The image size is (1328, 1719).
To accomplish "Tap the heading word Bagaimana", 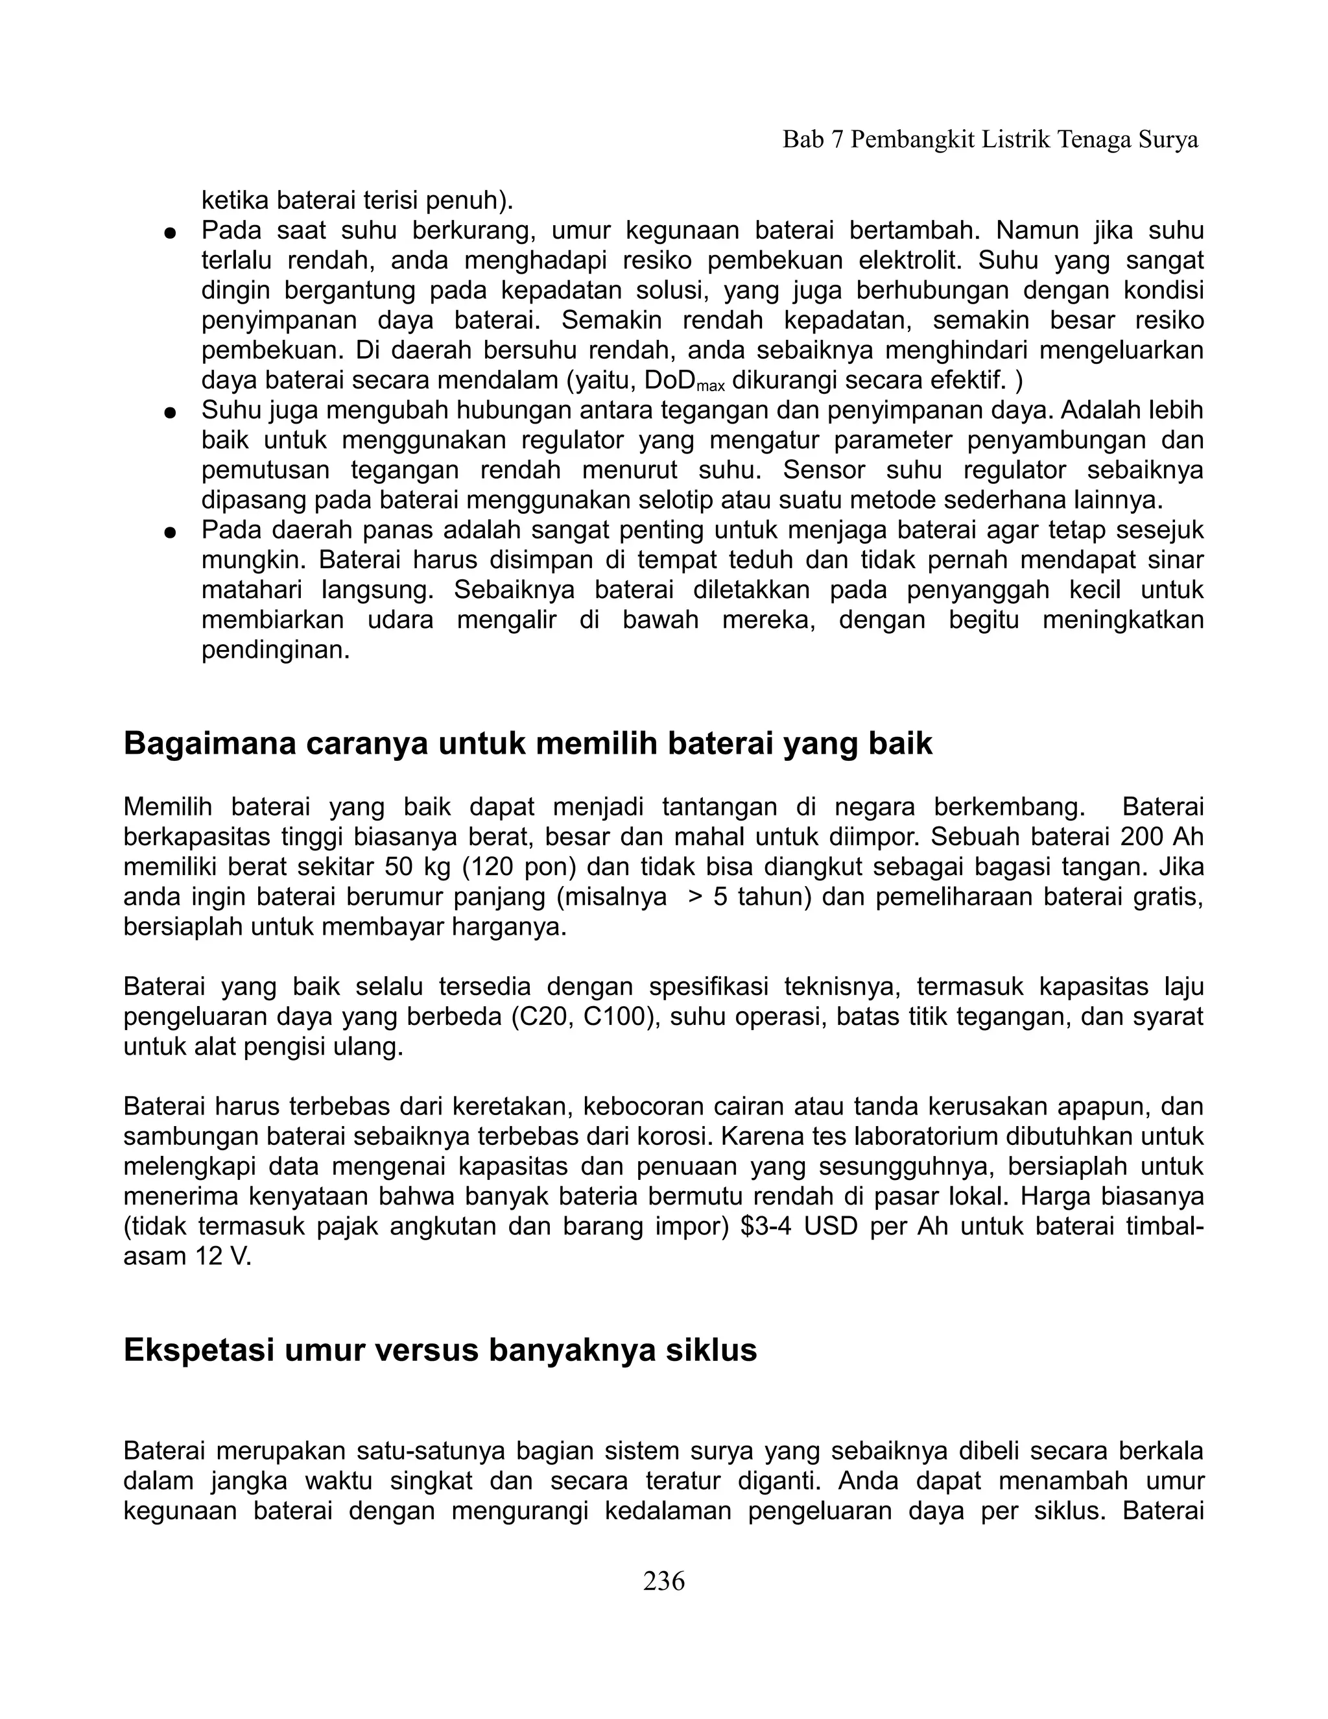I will (207, 743).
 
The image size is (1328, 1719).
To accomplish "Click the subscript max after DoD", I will (711, 387).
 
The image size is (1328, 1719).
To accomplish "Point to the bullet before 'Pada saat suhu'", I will (169, 233).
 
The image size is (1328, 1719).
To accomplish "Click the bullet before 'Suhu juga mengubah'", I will (169, 413).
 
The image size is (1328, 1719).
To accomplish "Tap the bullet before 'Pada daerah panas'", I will (169, 532).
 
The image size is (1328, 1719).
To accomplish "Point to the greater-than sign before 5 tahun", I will (694, 896).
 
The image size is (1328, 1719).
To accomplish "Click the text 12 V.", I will (222, 1256).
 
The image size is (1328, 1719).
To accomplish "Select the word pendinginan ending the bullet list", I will (276, 651).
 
